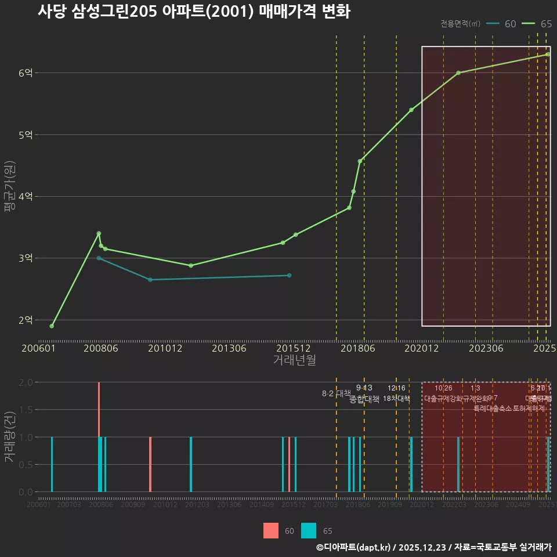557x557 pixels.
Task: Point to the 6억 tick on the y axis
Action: pos(26,73)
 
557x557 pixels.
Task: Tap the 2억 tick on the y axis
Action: pos(26,320)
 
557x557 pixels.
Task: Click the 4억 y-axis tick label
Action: pos(26,197)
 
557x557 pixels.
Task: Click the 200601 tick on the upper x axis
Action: pos(38,348)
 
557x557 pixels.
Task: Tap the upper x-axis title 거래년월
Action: pos(294,360)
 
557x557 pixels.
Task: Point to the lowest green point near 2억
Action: pos(52,326)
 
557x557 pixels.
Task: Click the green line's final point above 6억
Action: pos(547,55)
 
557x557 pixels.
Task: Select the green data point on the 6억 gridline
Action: pos(458,73)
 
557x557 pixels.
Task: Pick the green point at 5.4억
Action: pos(411,110)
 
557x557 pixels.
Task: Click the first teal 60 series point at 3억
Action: pos(99,258)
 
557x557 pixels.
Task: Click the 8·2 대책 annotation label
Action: pos(337,393)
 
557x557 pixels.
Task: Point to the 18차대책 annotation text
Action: pos(396,399)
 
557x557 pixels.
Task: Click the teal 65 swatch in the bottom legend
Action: pos(309,531)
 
